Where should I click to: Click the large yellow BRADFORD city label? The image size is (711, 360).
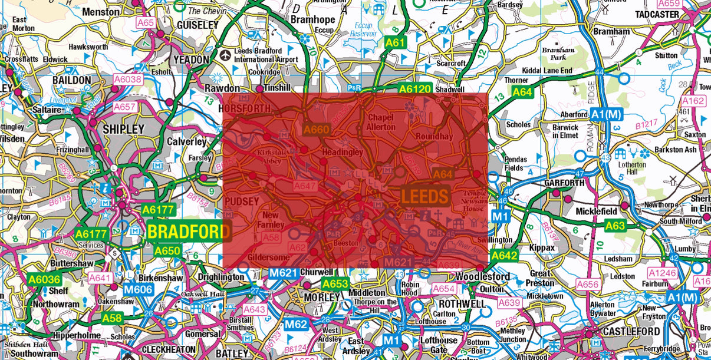188,232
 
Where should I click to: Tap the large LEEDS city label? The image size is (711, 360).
426,196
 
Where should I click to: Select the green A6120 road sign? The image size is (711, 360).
415,89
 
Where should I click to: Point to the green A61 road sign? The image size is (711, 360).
395,42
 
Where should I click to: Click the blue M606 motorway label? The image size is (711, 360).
138,289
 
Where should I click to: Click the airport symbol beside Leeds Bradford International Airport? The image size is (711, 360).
225,55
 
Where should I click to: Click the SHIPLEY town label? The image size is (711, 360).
123,129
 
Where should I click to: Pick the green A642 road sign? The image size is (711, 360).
504,255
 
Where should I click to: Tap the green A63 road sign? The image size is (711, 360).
615,225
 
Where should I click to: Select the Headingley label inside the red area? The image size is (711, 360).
342,152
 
